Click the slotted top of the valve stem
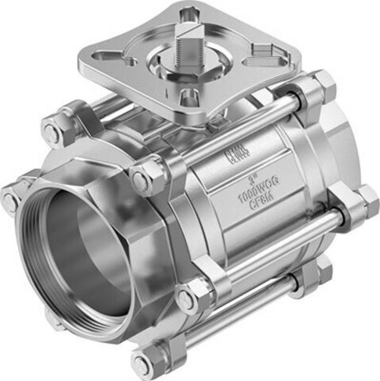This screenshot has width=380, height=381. tap(191, 34)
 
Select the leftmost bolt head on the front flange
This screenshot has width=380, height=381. tap(11, 200)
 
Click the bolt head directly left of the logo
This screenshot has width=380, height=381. tap(139, 179)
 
